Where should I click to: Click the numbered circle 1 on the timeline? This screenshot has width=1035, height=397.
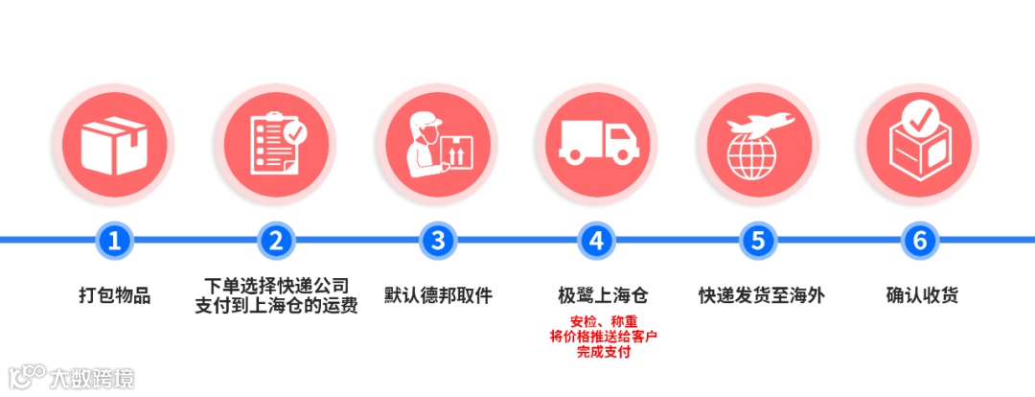pos(115,241)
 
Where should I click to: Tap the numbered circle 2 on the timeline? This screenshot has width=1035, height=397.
pos(276,241)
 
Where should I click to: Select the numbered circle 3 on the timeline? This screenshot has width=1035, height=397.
pos(437,241)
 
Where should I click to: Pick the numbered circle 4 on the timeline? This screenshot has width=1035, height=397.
pos(597,241)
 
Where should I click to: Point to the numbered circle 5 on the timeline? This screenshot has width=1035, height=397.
pos(758,241)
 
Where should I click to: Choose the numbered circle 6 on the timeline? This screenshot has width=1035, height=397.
pos(919,241)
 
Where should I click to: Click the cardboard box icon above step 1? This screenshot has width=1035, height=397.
pos(115,144)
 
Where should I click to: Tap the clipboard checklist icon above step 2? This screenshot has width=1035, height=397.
pos(276,144)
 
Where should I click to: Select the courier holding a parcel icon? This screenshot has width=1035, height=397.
pos(437,144)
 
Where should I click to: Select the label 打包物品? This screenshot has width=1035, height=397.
pos(115,295)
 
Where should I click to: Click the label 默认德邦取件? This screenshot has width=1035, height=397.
pos(437,295)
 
